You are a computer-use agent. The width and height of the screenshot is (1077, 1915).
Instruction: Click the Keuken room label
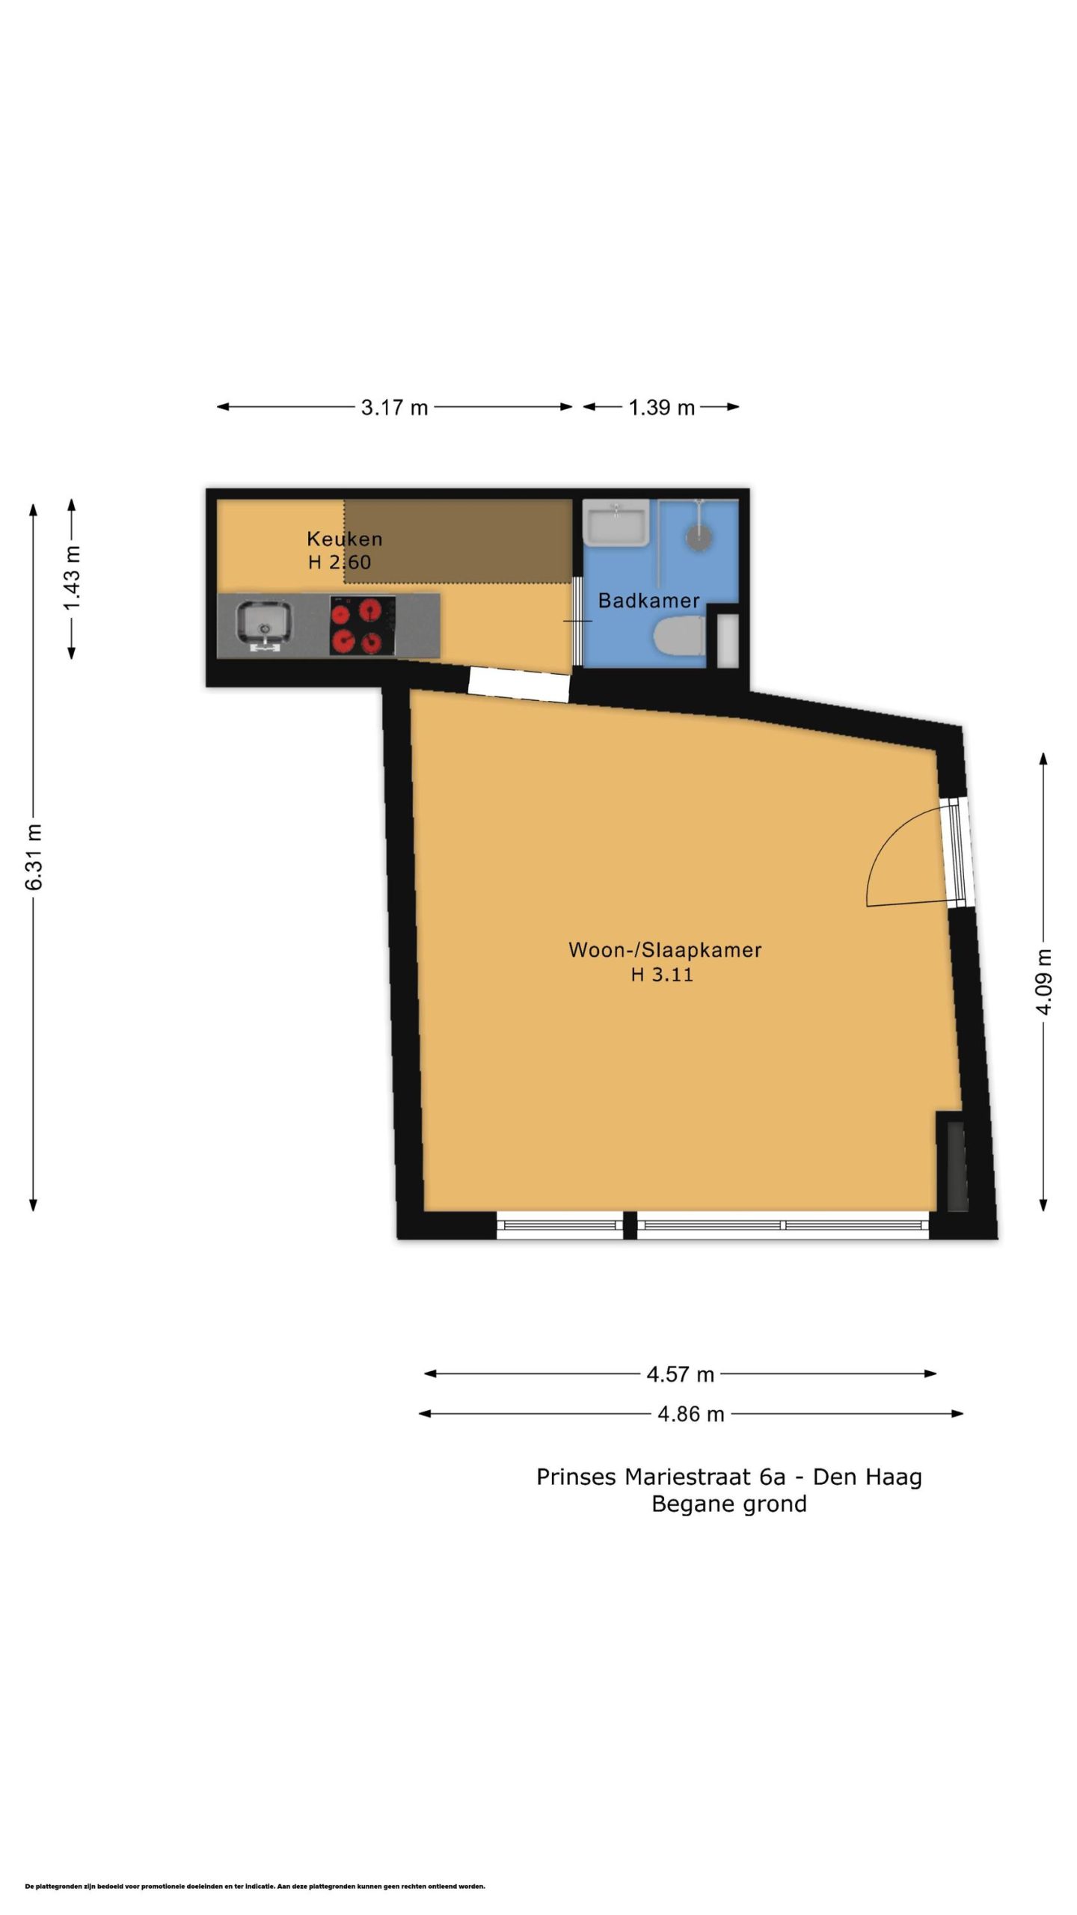pyautogui.click(x=344, y=539)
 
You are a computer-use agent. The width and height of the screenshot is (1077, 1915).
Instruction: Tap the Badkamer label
pyautogui.click(x=648, y=600)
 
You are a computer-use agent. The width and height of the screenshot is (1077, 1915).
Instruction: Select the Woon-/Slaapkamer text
pyautogui.click(x=665, y=950)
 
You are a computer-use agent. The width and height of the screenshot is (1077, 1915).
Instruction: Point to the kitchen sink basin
pyautogui.click(x=265, y=625)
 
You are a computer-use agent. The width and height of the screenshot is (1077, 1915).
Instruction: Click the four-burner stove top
pyautogui.click(x=362, y=625)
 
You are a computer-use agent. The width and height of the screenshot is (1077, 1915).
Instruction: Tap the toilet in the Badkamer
pyautogui.click(x=679, y=636)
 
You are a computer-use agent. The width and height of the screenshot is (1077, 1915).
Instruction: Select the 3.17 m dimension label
pyautogui.click(x=394, y=408)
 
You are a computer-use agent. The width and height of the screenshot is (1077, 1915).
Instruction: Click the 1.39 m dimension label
pyautogui.click(x=662, y=408)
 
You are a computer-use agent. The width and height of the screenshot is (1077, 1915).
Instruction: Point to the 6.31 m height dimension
pyautogui.click(x=34, y=857)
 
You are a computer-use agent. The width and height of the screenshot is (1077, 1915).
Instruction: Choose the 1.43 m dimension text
pyautogui.click(x=72, y=578)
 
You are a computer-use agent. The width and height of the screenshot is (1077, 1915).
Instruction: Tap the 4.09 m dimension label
pyautogui.click(x=1044, y=981)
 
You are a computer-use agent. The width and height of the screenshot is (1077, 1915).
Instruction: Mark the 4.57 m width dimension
pyautogui.click(x=681, y=1374)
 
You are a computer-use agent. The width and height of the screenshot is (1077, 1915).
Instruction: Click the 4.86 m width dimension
pyautogui.click(x=691, y=1414)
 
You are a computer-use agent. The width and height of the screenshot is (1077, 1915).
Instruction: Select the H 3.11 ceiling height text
pyautogui.click(x=662, y=974)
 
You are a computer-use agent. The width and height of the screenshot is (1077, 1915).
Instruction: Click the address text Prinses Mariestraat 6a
pyautogui.click(x=661, y=1477)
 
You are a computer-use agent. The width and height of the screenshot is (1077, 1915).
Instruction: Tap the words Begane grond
pyautogui.click(x=729, y=1504)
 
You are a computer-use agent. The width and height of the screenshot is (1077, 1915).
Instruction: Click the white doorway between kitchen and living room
pyautogui.click(x=519, y=684)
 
